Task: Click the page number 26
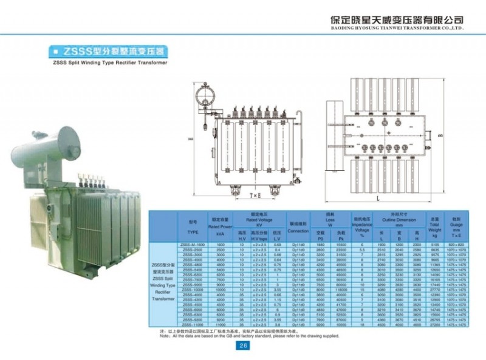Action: coord(243,346)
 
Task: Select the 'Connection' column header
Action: coord(298,231)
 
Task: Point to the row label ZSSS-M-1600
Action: coord(193,244)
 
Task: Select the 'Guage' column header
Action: coord(457,226)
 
